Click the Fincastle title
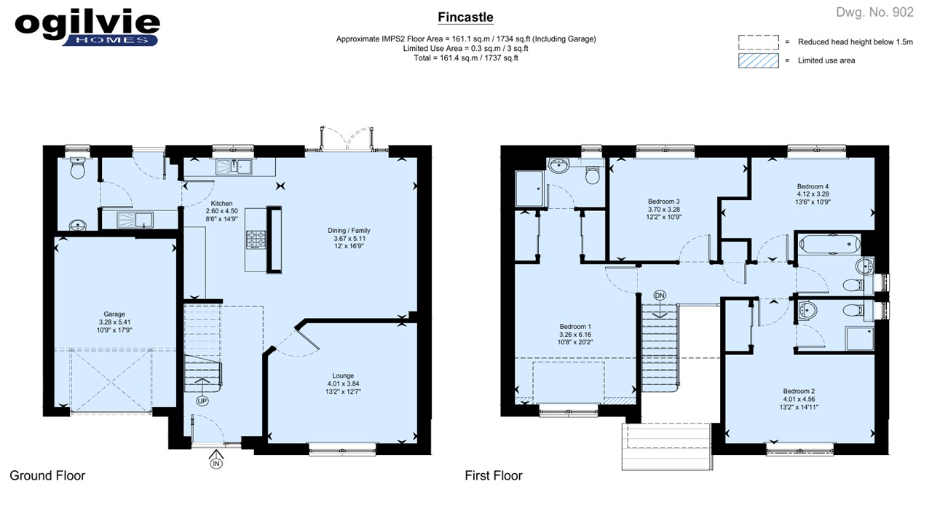coord(465,17)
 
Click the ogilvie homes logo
coord(87,28)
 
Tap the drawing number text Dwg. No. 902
coord(874,12)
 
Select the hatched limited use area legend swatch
coord(759,60)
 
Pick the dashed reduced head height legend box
coord(759,42)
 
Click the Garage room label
coord(114,314)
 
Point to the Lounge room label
coord(343,376)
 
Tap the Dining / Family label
coord(349,231)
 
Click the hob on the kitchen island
coord(256,239)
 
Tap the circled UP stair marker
coord(202,401)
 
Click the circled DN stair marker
coord(660,295)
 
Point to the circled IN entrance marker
coord(216,464)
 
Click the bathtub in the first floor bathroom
coord(829,245)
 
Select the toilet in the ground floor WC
coord(78,168)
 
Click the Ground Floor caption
coord(47,476)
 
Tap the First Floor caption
coord(494,476)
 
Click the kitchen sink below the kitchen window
coord(234,167)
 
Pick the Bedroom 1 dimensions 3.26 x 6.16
coord(575,335)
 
